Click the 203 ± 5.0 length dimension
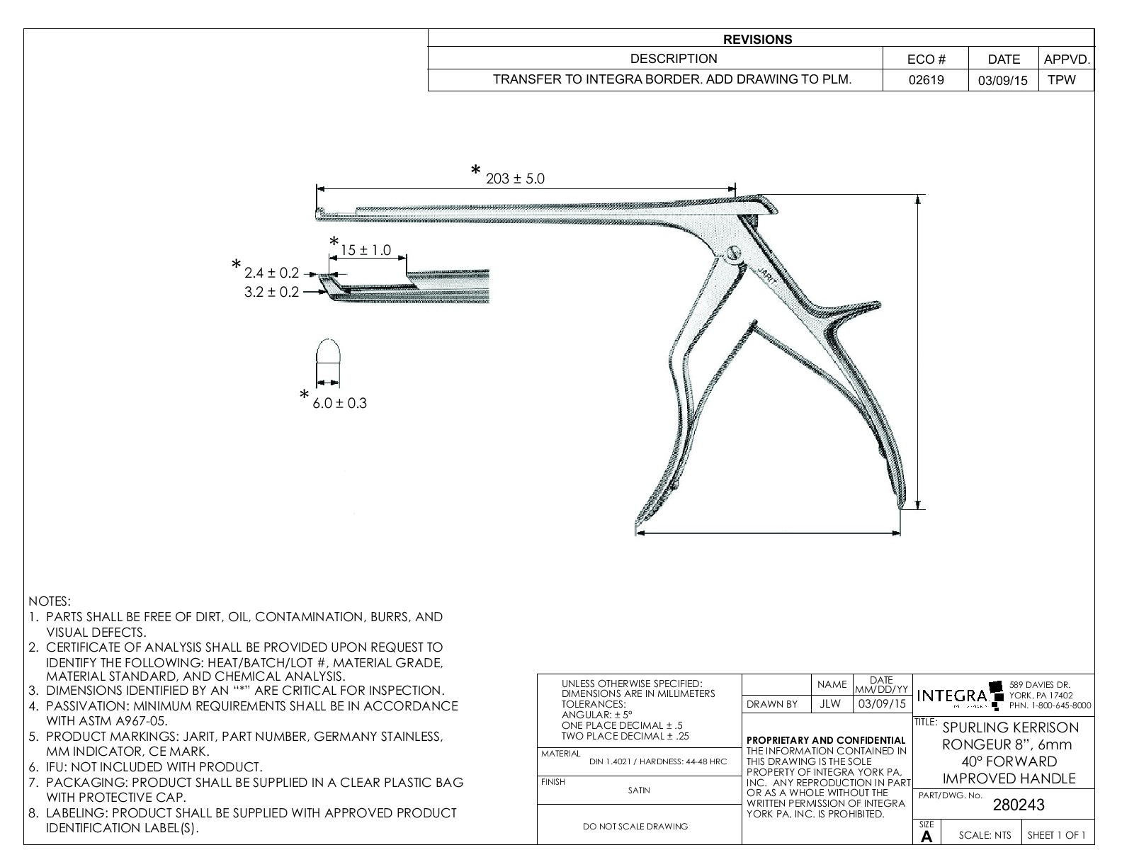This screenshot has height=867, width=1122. tap(515, 178)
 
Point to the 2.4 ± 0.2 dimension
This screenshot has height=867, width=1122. tap(271, 273)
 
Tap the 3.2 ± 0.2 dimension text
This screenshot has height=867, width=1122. tap(271, 292)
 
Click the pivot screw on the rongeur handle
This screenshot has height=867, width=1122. tap(735, 252)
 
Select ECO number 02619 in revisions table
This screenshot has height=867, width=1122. tap(926, 80)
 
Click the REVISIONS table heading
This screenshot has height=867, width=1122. tap(758, 40)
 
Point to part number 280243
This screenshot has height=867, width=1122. tap(1019, 805)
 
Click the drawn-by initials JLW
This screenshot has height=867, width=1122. tap(831, 704)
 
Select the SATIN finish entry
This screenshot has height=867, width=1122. tap(639, 790)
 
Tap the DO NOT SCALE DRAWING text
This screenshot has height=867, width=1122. tap(635, 826)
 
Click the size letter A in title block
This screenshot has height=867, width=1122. tap(926, 837)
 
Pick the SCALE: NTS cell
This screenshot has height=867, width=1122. tap(985, 835)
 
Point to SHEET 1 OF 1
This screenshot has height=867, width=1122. tap(1056, 835)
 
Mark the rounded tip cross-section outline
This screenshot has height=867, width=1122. tap(328, 351)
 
